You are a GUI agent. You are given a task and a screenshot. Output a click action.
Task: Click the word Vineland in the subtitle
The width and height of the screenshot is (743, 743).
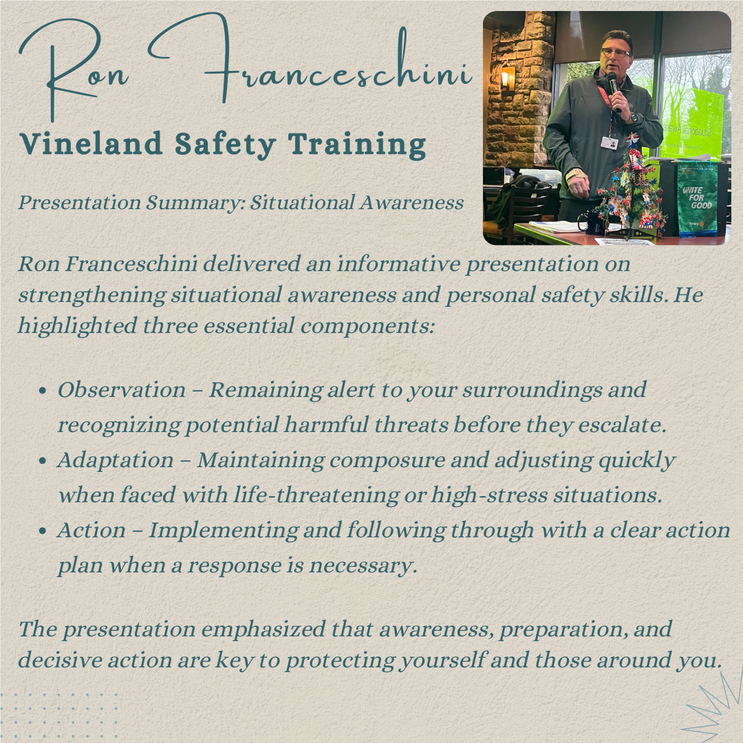tap(91, 144)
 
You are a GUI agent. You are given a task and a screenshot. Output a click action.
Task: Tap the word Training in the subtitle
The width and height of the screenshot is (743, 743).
tap(357, 144)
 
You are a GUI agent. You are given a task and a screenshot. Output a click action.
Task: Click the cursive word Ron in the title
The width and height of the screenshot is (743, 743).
tap(74, 70)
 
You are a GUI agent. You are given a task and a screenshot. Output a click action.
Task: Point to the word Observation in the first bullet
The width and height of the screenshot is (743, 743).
tap(122, 390)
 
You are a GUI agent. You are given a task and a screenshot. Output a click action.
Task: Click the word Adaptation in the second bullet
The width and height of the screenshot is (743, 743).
tap(116, 460)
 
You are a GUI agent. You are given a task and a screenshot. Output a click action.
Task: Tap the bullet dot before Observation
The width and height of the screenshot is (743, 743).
tap(43, 391)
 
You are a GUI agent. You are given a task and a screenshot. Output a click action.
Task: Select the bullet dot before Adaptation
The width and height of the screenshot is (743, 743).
tap(43, 460)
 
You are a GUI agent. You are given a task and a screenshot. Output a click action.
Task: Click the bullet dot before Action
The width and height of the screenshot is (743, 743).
tap(43, 530)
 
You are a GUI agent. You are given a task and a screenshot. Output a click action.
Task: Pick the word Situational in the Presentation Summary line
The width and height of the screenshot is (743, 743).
tap(301, 202)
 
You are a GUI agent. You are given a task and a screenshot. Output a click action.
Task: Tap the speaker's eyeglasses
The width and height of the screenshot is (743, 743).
tap(616, 52)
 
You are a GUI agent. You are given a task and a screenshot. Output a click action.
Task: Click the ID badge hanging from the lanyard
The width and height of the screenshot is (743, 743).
tap(610, 142)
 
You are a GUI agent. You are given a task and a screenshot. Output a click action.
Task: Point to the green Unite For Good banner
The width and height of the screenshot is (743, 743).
tap(697, 199)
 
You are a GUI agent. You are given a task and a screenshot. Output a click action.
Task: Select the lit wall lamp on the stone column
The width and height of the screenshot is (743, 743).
tap(508, 78)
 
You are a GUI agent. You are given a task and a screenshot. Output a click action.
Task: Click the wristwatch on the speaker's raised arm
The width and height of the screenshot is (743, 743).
tap(632, 118)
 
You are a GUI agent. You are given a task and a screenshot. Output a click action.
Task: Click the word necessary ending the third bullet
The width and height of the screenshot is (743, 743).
tap(363, 566)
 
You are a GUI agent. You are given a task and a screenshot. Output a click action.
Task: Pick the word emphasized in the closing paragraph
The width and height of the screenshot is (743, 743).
tap(263, 629)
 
